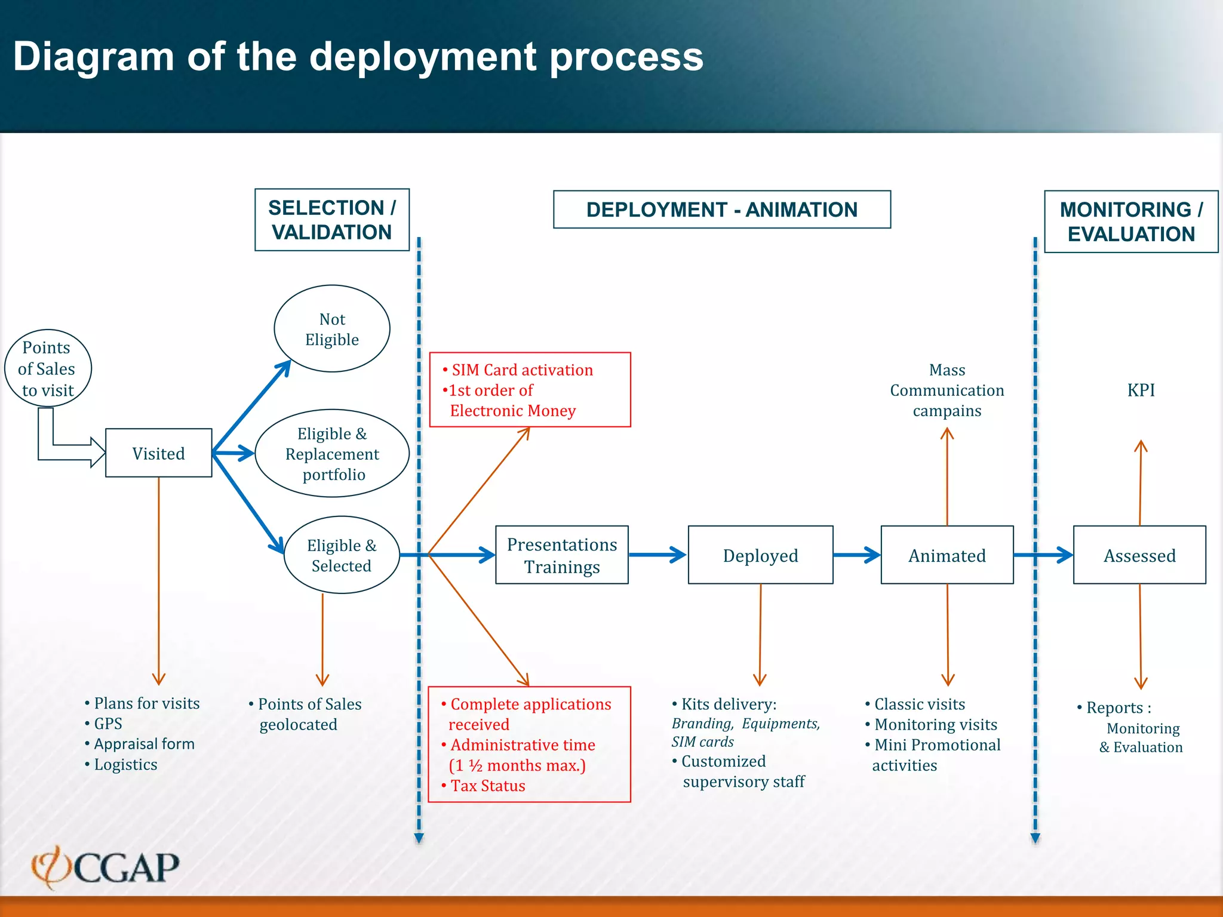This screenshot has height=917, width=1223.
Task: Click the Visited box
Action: [x=158, y=453]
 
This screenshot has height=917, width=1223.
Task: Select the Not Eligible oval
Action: [x=332, y=329]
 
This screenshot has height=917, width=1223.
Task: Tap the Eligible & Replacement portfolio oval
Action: [x=332, y=454]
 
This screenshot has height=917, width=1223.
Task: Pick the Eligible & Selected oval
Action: [x=342, y=555]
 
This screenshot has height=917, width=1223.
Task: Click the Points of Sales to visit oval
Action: [x=48, y=368]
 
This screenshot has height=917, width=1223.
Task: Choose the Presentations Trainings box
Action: [x=561, y=555]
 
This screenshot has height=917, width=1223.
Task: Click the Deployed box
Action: [x=760, y=555]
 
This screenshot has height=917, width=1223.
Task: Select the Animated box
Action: [x=947, y=555]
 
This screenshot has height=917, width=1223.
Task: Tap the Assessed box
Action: [x=1139, y=555]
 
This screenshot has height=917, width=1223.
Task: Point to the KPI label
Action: [x=1141, y=390]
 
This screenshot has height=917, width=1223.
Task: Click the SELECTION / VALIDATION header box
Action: [x=332, y=220]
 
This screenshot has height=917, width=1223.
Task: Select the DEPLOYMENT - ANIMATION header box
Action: [x=722, y=210]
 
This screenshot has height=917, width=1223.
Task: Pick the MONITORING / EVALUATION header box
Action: [x=1131, y=221]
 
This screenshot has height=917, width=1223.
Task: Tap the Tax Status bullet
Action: [x=487, y=786]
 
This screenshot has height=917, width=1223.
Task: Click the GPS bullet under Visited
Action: [x=107, y=724]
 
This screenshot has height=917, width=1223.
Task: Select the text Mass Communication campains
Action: [x=947, y=390]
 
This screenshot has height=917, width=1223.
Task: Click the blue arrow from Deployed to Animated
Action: [x=857, y=555]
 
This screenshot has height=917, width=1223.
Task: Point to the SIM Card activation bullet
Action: [x=521, y=370]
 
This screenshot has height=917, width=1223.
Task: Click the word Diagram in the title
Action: [x=93, y=57]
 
